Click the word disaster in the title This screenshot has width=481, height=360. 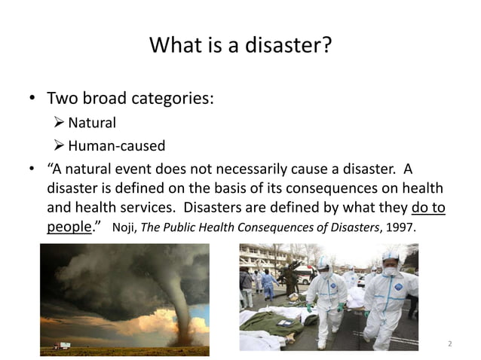[x=289, y=47]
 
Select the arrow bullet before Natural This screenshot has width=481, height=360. [x=60, y=122]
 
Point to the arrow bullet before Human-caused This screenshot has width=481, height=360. [x=60, y=145]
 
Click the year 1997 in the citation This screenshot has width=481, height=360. [x=400, y=228]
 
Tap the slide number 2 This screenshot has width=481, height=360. [x=449, y=344]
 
